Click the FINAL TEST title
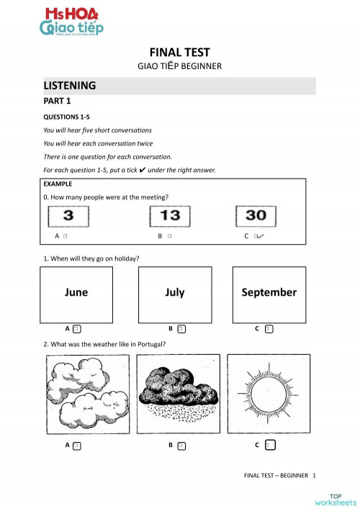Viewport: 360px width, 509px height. tap(179, 52)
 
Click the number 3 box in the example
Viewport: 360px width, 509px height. tap(67, 215)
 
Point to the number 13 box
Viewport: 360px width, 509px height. tap(170, 215)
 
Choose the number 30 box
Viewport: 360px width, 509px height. tap(256, 215)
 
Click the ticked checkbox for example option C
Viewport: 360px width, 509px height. tap(257, 236)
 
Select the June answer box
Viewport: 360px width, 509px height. tap(76, 292)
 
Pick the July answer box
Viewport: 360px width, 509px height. tap(175, 292)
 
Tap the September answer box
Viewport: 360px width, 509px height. tap(269, 292)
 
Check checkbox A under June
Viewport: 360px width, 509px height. tap(76, 329)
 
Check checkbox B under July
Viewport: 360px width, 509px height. tap(181, 329)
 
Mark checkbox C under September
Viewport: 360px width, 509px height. tap(269, 329)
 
